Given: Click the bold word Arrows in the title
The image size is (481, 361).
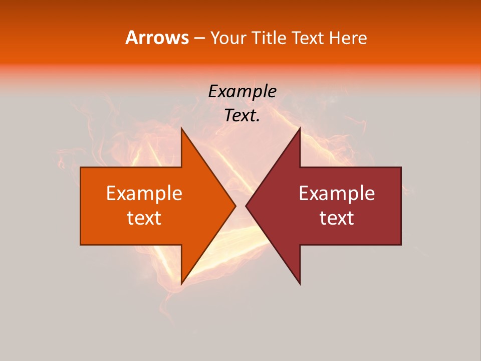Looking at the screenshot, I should (157, 38).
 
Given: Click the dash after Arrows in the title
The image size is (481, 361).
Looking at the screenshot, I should (199, 38).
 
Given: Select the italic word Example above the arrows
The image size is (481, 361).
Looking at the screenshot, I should (242, 91).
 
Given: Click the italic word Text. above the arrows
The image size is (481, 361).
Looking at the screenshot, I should (242, 116).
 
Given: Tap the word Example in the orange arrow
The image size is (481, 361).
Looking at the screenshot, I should (144, 194).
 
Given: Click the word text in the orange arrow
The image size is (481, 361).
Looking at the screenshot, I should (144, 218).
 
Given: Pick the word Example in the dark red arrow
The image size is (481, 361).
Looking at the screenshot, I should (337, 194).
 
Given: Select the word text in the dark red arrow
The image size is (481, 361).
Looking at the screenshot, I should (337, 218).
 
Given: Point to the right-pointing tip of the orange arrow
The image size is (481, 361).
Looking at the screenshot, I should (235, 206).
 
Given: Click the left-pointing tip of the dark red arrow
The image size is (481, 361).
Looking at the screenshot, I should (246, 206).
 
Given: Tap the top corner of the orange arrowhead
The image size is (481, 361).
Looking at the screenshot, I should (181, 128).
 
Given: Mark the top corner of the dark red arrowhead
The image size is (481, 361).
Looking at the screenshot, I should (300, 128).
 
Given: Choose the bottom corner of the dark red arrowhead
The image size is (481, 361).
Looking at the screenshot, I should (300, 284).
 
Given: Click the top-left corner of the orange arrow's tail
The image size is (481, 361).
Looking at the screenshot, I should (81, 167).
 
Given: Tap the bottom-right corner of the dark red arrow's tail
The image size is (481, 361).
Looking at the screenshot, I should (401, 245).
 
